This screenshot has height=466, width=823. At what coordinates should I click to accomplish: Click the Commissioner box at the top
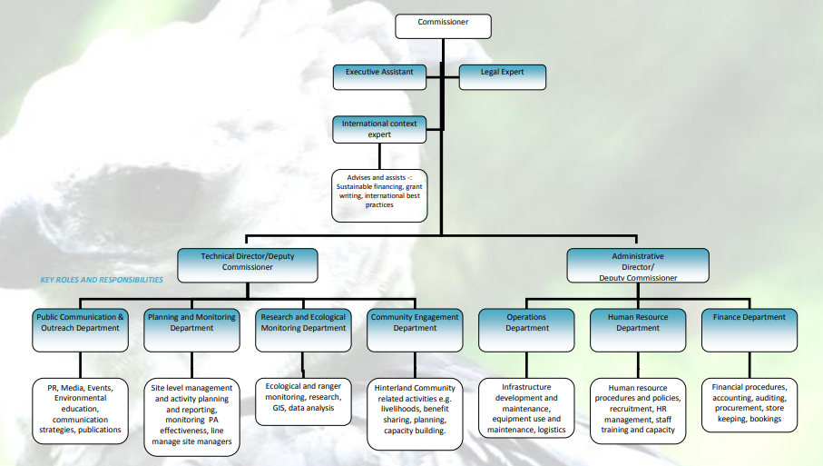(443, 26)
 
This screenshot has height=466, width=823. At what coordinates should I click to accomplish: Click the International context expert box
(379, 129)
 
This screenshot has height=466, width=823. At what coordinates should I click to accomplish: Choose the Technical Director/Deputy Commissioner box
(248, 264)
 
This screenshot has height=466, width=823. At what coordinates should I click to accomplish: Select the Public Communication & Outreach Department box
(78, 329)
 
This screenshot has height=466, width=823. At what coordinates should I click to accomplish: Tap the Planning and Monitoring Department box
(191, 329)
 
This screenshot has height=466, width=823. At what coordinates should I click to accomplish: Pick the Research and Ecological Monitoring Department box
(303, 329)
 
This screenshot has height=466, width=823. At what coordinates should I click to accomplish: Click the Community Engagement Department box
(416, 329)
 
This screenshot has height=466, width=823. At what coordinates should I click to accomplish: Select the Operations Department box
(526, 329)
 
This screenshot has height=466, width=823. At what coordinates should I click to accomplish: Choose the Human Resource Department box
(638, 329)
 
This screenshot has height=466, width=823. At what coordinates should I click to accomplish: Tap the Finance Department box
(750, 329)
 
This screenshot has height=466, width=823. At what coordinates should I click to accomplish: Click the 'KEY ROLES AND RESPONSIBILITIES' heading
(102, 280)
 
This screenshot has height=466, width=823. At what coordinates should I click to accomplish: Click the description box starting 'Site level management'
(191, 416)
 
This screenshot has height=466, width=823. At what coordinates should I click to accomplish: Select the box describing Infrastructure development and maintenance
(526, 408)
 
